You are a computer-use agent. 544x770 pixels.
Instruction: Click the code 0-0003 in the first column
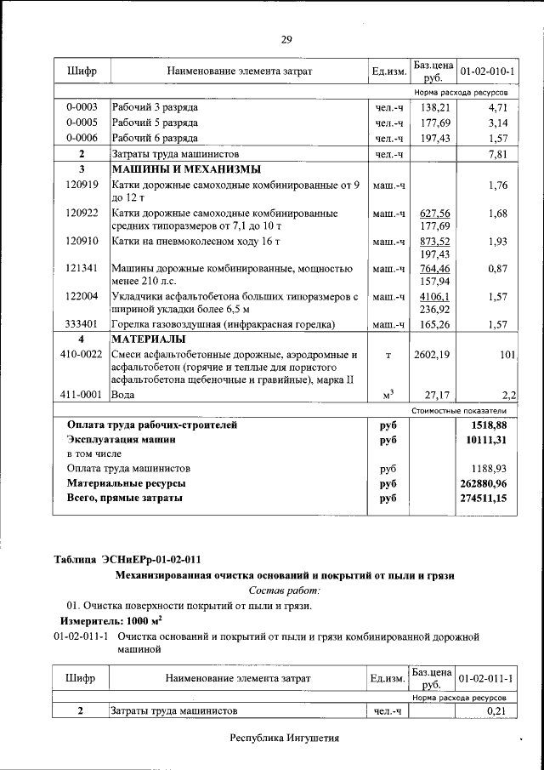pyautogui.click(x=82, y=108)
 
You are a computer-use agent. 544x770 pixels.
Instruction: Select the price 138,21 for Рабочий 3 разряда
pyautogui.click(x=433, y=108)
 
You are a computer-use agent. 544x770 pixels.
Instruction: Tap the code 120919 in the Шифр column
pyautogui.click(x=82, y=185)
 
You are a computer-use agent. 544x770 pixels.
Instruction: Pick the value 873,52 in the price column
pyautogui.click(x=433, y=242)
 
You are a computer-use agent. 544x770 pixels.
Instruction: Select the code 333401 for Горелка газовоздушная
pyautogui.click(x=82, y=324)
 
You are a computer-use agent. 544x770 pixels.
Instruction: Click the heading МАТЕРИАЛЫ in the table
pyautogui.click(x=148, y=339)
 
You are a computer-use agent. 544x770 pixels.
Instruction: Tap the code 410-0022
pyautogui.click(x=82, y=354)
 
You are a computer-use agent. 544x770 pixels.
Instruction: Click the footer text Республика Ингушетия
pyautogui.click(x=285, y=738)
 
